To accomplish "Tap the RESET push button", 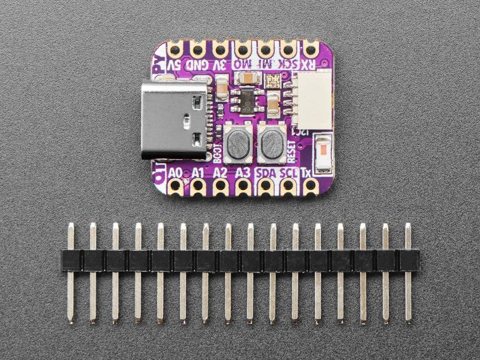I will point(271,144).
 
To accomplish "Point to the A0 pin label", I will point(175,173).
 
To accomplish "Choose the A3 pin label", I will point(242,173).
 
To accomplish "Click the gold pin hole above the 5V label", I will point(175,49).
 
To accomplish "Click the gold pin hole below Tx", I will point(311,186).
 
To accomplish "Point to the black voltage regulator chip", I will point(245,100).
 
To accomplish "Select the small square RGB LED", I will point(272,81).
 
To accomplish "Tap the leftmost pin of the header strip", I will point(71,272).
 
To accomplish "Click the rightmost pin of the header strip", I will point(408,272).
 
